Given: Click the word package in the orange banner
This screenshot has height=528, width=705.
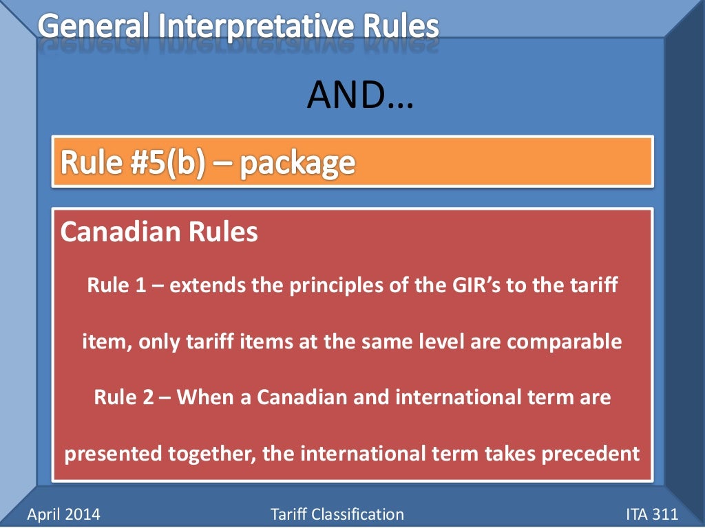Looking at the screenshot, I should tap(298, 163).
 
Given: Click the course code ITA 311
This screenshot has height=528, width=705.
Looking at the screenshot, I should tap(652, 514).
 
